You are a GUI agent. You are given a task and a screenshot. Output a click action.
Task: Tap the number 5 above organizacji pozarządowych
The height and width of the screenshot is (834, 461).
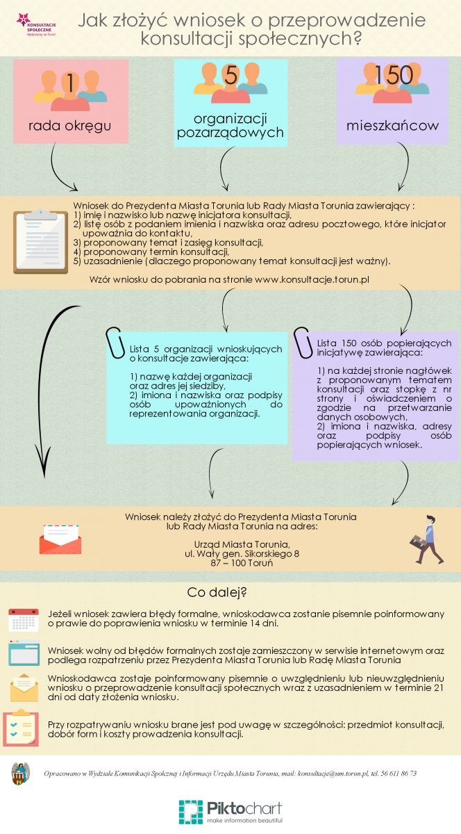pos(231,75)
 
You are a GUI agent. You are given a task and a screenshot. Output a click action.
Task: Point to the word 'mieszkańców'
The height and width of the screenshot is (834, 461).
pos(393,126)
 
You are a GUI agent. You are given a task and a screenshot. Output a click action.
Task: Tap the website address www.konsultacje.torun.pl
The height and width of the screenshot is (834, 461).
pos(312,279)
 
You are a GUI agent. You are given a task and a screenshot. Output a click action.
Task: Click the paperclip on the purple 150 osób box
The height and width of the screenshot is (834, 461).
pos(302,340)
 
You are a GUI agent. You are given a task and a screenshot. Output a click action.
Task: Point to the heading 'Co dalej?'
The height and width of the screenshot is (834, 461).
pos(217,593)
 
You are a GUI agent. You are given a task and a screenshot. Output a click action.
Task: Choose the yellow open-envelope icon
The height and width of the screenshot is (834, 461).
pos(24,687)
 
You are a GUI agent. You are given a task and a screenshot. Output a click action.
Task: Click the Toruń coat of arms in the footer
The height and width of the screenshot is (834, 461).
pos(21,774)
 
